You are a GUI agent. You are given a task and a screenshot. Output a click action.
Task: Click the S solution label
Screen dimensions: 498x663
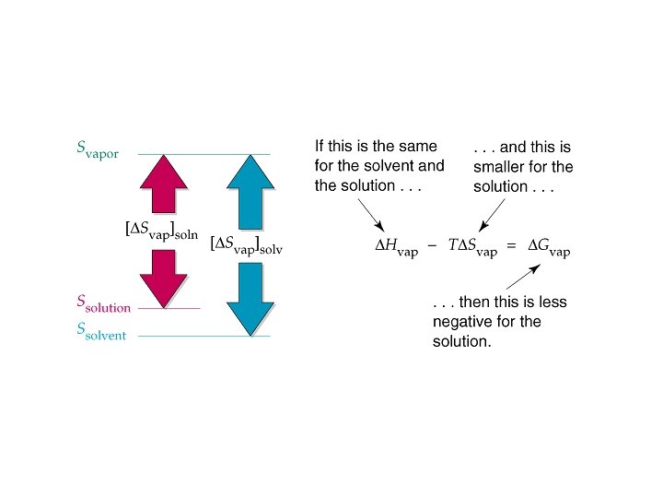coord(103,304)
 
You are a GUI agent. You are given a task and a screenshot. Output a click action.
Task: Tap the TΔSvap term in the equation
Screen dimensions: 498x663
coord(478,247)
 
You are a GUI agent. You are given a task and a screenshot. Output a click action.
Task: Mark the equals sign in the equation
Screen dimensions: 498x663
coord(513,247)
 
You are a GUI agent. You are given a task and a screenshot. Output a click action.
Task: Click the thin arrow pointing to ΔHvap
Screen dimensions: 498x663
coord(372,216)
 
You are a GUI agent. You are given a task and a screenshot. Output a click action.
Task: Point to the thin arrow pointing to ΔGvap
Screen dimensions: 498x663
coord(521,279)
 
